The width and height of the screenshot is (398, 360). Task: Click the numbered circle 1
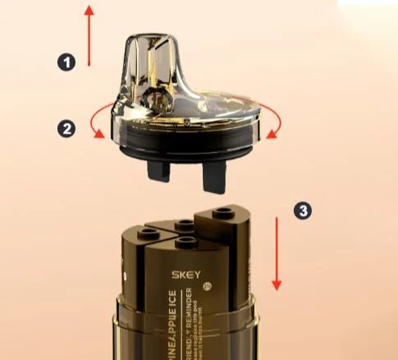click(66, 62)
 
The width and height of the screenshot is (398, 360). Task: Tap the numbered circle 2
click(66, 127)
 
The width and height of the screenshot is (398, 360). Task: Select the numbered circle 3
click(303, 211)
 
